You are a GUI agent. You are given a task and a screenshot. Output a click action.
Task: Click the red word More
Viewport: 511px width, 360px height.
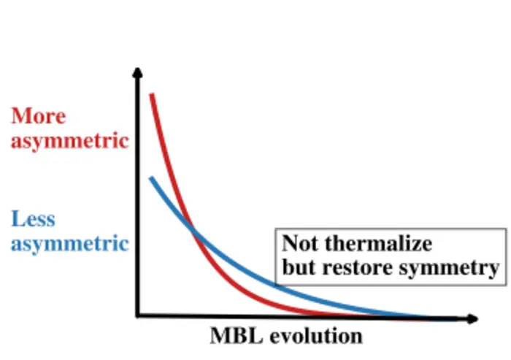coord(38,116)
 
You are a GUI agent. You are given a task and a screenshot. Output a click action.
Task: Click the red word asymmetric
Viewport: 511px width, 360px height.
coord(69,140)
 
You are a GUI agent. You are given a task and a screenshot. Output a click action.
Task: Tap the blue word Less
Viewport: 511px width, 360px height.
coord(33,218)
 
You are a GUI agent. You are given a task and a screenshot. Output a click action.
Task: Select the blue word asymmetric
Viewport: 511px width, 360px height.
coord(69,242)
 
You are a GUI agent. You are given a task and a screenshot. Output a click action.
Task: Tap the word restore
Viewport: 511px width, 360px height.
coord(353,267)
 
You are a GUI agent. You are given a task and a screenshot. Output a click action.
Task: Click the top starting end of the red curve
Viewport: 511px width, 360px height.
coord(151,94)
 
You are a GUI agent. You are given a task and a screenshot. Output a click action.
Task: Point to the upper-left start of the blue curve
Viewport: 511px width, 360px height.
coord(150,177)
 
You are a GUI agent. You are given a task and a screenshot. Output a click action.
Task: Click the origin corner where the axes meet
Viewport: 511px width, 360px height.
coord(137,315)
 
